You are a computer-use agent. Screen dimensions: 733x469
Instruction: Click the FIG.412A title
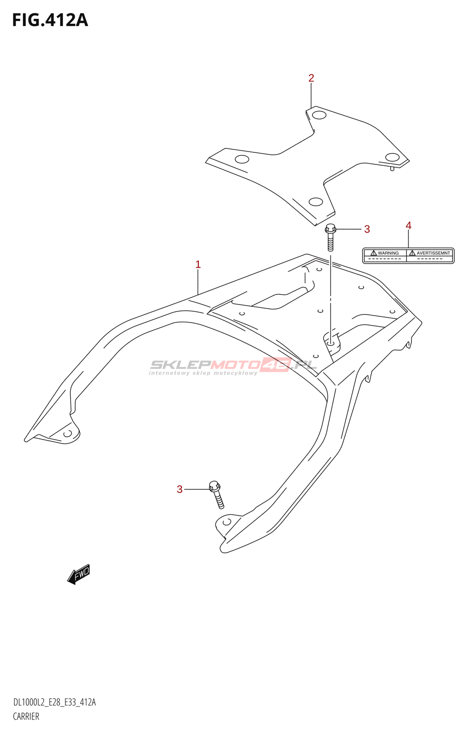(50, 20)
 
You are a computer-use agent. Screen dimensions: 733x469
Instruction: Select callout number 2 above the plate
(311, 78)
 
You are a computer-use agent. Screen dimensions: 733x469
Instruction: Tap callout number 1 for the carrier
(198, 264)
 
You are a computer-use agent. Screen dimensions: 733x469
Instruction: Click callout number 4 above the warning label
(408, 225)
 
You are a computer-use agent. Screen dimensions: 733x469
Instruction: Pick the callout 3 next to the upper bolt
(367, 229)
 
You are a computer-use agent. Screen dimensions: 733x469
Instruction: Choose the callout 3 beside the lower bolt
(180, 490)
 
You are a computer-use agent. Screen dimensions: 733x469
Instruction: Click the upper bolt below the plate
(330, 237)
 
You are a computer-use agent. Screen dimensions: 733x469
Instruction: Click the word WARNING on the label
(388, 253)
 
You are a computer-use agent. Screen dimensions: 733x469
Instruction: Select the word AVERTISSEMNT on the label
(433, 253)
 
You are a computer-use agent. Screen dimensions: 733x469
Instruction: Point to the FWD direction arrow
(79, 574)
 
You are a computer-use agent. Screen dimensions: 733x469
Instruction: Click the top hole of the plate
(319, 115)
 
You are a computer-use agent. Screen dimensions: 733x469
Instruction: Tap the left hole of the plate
(241, 159)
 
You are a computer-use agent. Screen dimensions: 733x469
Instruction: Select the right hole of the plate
(392, 157)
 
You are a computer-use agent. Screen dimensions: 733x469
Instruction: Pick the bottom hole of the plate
(316, 202)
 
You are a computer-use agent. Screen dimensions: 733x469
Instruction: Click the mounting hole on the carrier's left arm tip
(67, 433)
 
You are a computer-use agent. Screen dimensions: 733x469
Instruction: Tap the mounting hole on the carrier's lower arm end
(226, 522)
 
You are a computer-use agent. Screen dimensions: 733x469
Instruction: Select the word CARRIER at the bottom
(26, 717)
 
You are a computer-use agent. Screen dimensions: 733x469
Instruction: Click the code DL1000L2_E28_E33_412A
(55, 702)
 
